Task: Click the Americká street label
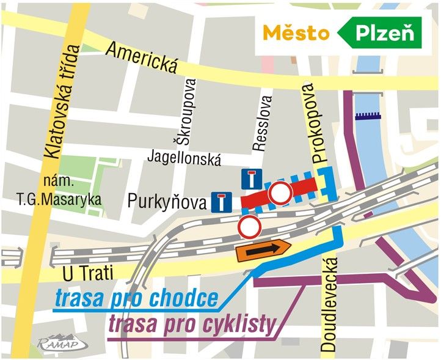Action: pos(141,59)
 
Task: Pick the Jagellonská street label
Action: pos(184,158)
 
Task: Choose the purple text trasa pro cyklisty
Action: pos(191,325)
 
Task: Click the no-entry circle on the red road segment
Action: pos(281,193)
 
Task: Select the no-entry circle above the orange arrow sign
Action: pos(250,226)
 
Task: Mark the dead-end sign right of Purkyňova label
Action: pos(221,202)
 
